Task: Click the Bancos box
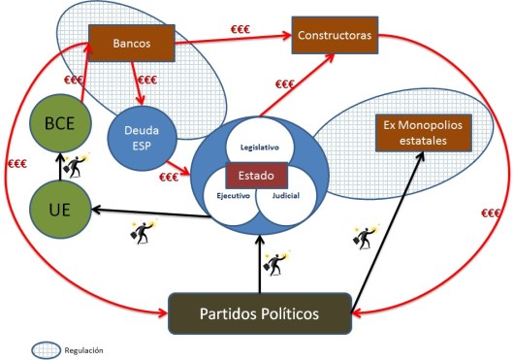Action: [x=131, y=42]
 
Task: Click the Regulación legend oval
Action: [x=46, y=348]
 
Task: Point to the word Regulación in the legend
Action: [x=85, y=349]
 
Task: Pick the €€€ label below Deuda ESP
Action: [x=171, y=177]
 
